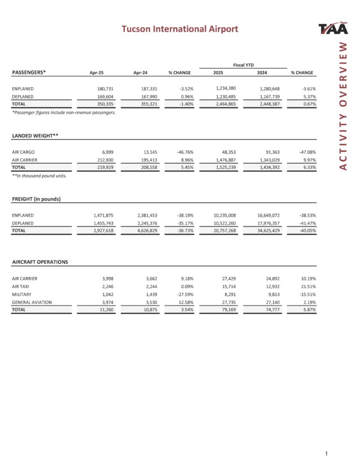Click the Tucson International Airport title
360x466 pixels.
tap(180, 29)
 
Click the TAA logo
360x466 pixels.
tap(332, 29)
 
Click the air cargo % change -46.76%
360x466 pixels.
tap(184, 152)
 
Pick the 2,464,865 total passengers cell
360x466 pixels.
tap(228, 104)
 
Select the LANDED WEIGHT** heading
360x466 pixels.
tap(35, 136)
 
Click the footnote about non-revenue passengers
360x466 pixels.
tap(64, 113)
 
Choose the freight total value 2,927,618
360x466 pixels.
tap(100, 231)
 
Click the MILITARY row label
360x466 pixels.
tap(22, 294)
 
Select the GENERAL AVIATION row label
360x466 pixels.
tap(31, 302)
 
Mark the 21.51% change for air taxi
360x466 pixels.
tap(306, 286)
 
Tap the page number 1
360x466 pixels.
tap(326, 453)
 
